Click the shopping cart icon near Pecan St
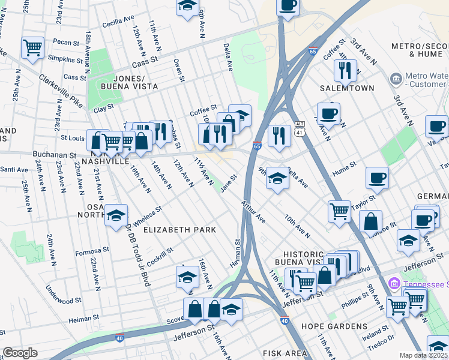click(32, 47)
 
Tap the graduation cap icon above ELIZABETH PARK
click(116, 215)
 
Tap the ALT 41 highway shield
click(300, 127)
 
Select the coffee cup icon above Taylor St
click(376, 177)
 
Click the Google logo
click(20, 353)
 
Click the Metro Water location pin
click(395, 79)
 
